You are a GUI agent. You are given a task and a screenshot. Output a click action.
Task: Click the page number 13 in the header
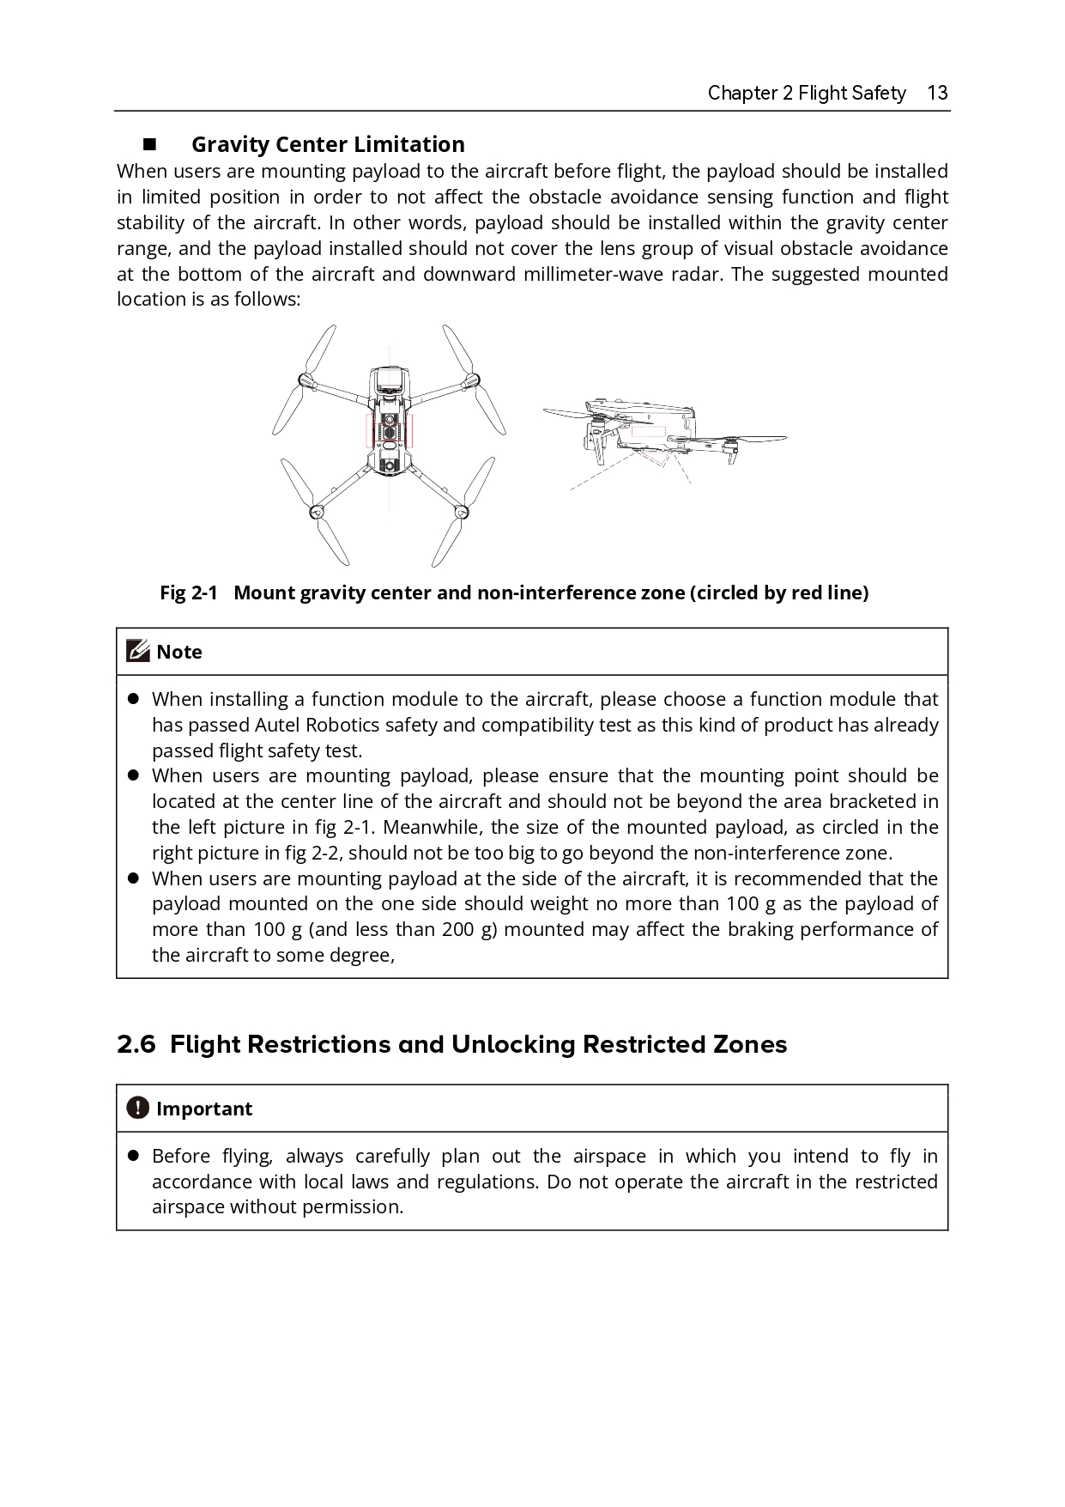(937, 93)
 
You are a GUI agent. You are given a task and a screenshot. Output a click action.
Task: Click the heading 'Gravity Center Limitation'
(328, 144)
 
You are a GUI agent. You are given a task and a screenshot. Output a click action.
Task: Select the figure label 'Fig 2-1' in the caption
(189, 593)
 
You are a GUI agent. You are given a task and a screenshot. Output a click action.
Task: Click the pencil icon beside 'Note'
(137, 652)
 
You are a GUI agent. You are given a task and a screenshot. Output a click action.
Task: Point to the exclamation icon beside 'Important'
(137, 1109)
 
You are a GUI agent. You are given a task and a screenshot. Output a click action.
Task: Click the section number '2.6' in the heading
(136, 1045)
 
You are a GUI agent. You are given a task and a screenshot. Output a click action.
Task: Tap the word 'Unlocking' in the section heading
(513, 1045)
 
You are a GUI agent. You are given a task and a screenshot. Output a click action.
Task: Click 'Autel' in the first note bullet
(277, 726)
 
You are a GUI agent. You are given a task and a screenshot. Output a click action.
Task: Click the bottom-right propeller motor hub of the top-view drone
(461, 513)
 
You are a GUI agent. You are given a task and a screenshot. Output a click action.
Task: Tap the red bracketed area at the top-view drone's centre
(390, 429)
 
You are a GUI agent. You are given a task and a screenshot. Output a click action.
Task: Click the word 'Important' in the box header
(204, 1109)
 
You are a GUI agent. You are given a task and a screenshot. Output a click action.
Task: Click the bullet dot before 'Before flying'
(133, 1157)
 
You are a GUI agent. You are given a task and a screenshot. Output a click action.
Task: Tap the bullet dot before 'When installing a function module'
(133, 700)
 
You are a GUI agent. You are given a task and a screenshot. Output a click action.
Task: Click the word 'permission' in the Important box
(357, 1207)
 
